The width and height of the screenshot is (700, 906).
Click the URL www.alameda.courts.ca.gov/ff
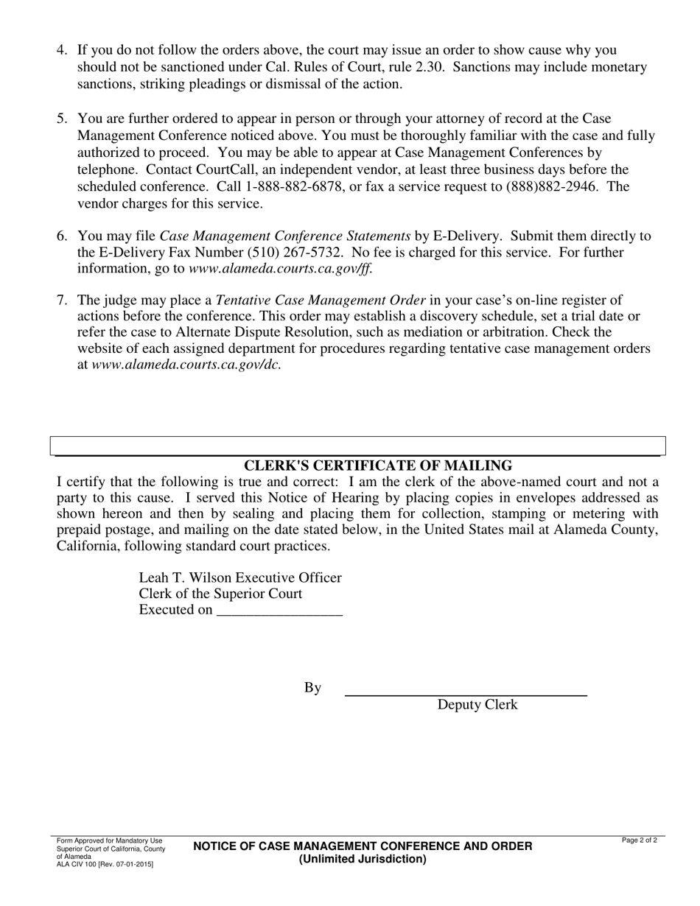click(x=280, y=269)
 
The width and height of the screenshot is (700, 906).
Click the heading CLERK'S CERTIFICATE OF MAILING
click(x=378, y=466)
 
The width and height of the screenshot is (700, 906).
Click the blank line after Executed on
click(x=280, y=611)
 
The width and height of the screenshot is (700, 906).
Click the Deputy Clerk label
click(x=477, y=705)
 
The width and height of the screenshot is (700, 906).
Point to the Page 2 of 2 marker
click(x=639, y=840)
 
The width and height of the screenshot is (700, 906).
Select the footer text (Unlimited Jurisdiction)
click(x=363, y=859)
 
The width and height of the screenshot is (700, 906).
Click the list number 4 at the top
click(x=62, y=51)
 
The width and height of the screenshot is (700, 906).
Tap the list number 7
click(x=62, y=301)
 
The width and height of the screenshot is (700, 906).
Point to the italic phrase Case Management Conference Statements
click(x=285, y=236)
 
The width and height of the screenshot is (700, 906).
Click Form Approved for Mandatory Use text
click(x=109, y=840)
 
